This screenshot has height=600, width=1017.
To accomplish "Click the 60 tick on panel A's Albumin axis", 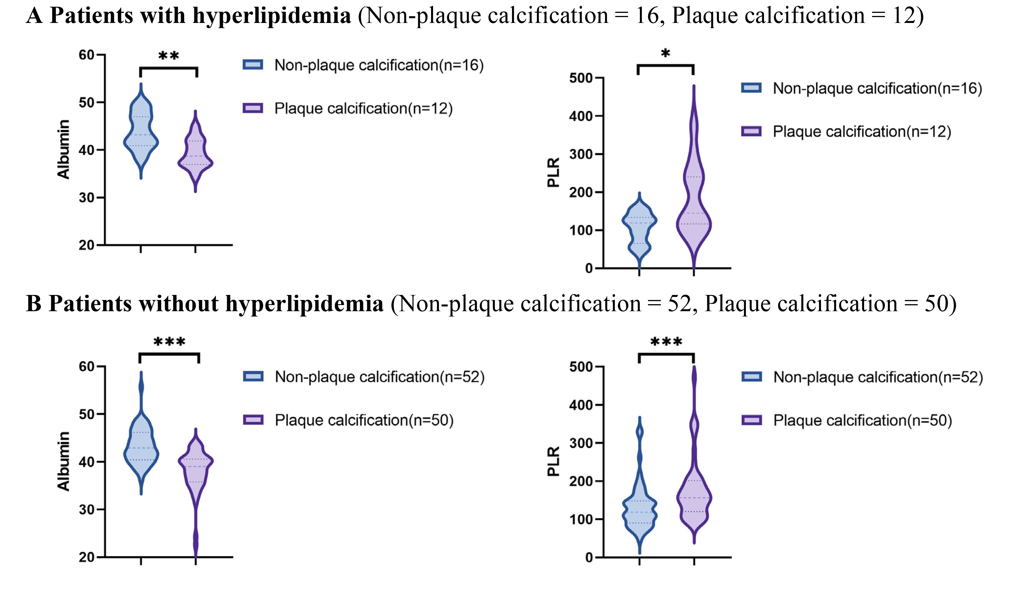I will pos(87,55).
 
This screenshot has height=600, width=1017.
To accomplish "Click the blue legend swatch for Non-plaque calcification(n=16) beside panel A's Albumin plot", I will pos(253,65).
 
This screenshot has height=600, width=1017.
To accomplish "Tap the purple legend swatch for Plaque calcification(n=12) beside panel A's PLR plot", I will pos(751,132).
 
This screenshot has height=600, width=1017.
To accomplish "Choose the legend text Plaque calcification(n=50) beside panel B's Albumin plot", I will pos(364,421).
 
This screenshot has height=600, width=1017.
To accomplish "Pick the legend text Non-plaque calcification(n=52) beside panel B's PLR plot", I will pos(878,377).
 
